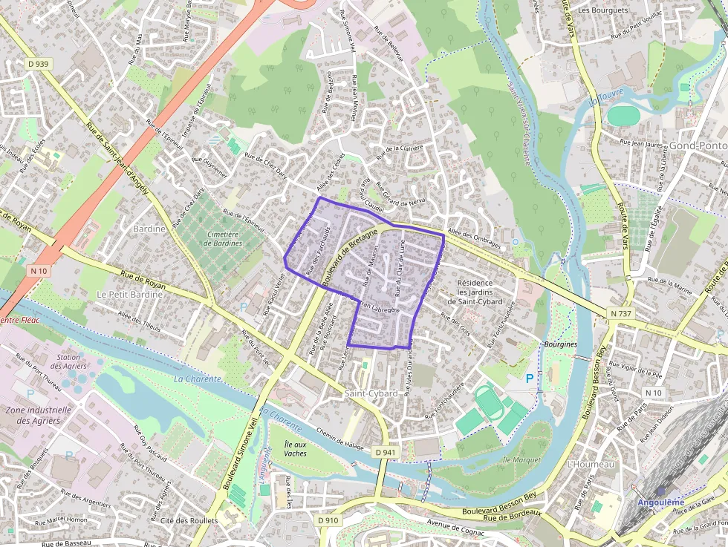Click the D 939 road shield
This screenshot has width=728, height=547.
coord(38,65)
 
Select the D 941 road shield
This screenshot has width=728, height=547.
coord(386,452)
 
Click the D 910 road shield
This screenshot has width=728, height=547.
coord(328,520)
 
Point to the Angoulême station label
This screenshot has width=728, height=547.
coord(661,502)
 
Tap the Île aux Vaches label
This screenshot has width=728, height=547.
coord(295,448)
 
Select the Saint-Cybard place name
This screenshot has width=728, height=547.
coord(371,393)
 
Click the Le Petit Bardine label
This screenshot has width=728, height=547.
coord(123,294)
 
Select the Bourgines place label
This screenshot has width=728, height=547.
coord(561,345)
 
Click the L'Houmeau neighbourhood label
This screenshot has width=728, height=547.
coord(591,464)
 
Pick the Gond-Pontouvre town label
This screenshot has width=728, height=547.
coord(698,145)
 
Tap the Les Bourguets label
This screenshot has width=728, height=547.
coord(602,10)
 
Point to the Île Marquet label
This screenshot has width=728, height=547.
coord(521,460)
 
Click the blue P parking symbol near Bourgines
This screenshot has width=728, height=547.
coord(530,379)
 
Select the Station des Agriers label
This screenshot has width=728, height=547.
coord(68,361)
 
